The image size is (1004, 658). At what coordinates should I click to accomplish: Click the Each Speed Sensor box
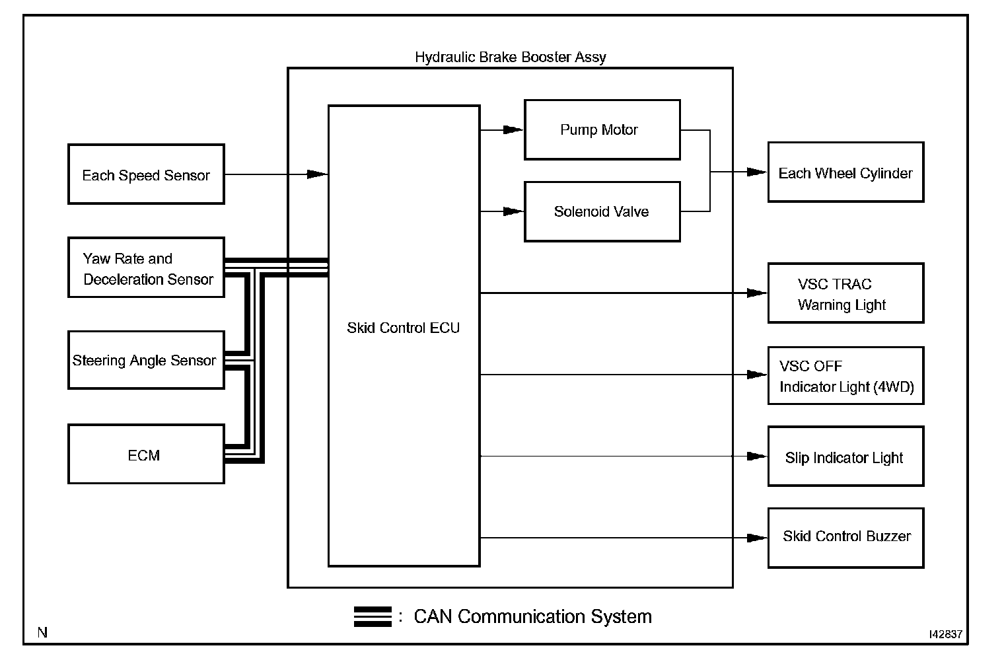click(146, 174)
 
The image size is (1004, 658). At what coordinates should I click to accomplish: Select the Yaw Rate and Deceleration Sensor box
click(146, 268)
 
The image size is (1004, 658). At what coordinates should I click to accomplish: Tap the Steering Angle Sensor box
click(146, 360)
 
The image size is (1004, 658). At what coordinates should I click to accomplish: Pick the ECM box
click(146, 455)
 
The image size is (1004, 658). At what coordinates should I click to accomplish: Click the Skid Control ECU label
click(403, 328)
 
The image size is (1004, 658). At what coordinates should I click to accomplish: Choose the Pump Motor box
click(602, 129)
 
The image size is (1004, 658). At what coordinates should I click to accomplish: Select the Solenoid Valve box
click(602, 211)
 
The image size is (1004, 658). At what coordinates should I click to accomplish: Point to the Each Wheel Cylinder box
click(845, 172)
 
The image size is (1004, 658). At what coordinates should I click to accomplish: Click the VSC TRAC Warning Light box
click(845, 293)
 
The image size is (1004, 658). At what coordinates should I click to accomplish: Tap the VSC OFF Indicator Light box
click(845, 375)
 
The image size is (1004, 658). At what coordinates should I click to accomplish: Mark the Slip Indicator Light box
click(845, 457)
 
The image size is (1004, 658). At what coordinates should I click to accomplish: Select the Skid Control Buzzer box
click(845, 538)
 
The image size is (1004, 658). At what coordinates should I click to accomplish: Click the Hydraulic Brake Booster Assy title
click(510, 57)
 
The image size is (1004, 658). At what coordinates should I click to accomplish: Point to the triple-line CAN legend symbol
click(373, 616)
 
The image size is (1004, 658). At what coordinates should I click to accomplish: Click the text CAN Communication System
click(532, 616)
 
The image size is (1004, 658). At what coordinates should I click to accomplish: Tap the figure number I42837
click(945, 634)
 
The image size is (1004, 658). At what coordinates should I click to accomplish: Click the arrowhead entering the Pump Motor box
click(514, 129)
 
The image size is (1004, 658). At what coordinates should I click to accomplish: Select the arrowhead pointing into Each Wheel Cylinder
click(757, 172)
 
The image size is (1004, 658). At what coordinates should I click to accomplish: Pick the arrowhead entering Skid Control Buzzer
click(757, 538)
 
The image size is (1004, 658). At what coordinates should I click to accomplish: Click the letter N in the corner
click(42, 633)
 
